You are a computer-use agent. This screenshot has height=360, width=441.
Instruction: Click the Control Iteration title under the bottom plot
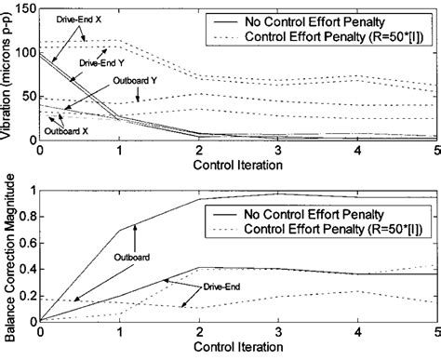pos(234,352)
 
